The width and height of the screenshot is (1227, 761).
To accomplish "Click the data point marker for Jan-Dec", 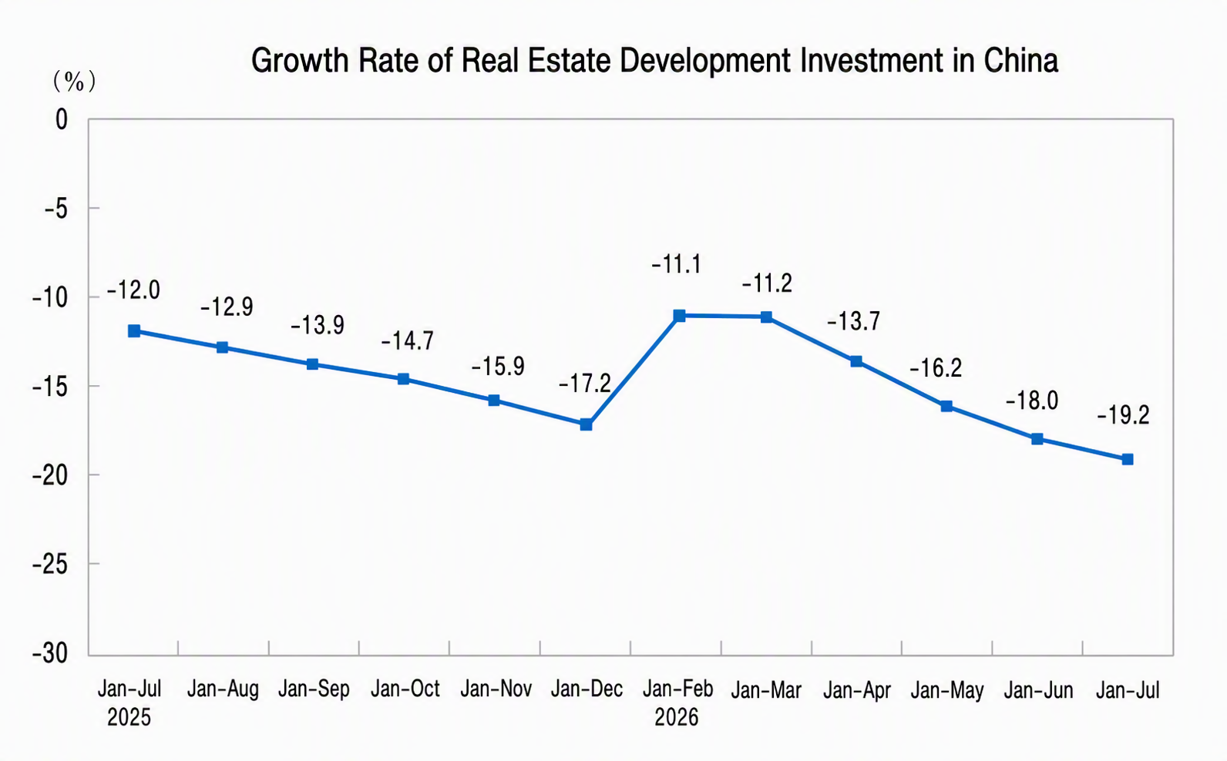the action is tap(586, 424).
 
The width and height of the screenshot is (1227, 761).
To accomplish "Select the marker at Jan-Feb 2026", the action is tap(679, 315).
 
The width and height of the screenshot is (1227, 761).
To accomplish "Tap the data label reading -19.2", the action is tap(1123, 415).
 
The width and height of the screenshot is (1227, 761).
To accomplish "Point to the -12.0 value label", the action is tap(133, 290).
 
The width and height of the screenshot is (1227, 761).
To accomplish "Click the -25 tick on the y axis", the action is tap(50, 565).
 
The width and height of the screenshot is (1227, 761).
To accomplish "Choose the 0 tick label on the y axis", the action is tap(62, 119).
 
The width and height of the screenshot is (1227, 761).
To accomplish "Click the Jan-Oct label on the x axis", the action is tap(405, 689).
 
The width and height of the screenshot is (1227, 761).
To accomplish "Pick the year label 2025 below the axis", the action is tap(129, 717).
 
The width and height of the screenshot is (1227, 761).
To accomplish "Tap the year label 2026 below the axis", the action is tap(677, 717).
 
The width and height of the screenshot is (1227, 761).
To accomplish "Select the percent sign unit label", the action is tap(74, 82).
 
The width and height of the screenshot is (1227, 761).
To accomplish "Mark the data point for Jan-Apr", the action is tap(856, 361).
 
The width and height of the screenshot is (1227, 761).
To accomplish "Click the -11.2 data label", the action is tap(767, 283).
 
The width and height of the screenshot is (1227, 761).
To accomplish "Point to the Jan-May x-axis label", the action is tap(947, 690).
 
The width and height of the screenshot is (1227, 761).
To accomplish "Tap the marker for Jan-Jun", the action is tap(1037, 438).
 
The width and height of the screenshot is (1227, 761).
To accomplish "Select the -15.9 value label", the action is tap(498, 367).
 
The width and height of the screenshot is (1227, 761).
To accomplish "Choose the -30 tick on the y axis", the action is tap(50, 653).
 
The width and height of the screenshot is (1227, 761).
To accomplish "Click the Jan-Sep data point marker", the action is tap(312, 364).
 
